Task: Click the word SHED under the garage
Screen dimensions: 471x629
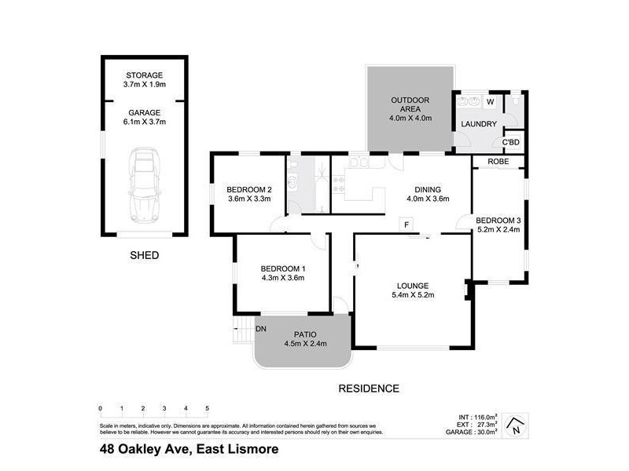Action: pyautogui.click(x=144, y=255)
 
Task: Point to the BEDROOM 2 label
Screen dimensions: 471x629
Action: pyautogui.click(x=248, y=194)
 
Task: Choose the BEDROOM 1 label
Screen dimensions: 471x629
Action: pyautogui.click(x=283, y=273)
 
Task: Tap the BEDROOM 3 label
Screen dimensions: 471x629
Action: pyautogui.click(x=498, y=225)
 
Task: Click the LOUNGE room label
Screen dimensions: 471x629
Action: pyautogui.click(x=414, y=290)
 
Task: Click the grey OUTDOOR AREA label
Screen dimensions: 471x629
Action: pyautogui.click(x=410, y=108)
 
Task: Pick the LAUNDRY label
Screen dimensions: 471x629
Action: pyautogui.click(x=479, y=124)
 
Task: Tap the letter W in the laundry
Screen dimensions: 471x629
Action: pyautogui.click(x=490, y=102)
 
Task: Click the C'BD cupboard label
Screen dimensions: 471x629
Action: pyautogui.click(x=513, y=142)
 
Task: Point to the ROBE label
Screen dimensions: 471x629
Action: pyautogui.click(x=498, y=162)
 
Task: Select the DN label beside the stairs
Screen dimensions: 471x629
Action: pyautogui.click(x=261, y=328)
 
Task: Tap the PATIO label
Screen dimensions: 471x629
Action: pyautogui.click(x=305, y=338)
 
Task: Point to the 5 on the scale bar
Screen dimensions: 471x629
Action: pyautogui.click(x=207, y=408)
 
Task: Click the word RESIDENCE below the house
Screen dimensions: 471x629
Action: pyautogui.click(x=369, y=388)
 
